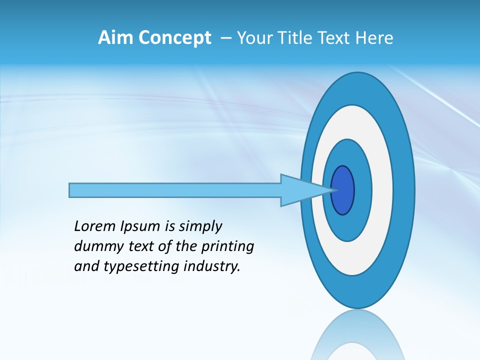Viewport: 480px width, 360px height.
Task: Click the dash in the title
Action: coord(225,38)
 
